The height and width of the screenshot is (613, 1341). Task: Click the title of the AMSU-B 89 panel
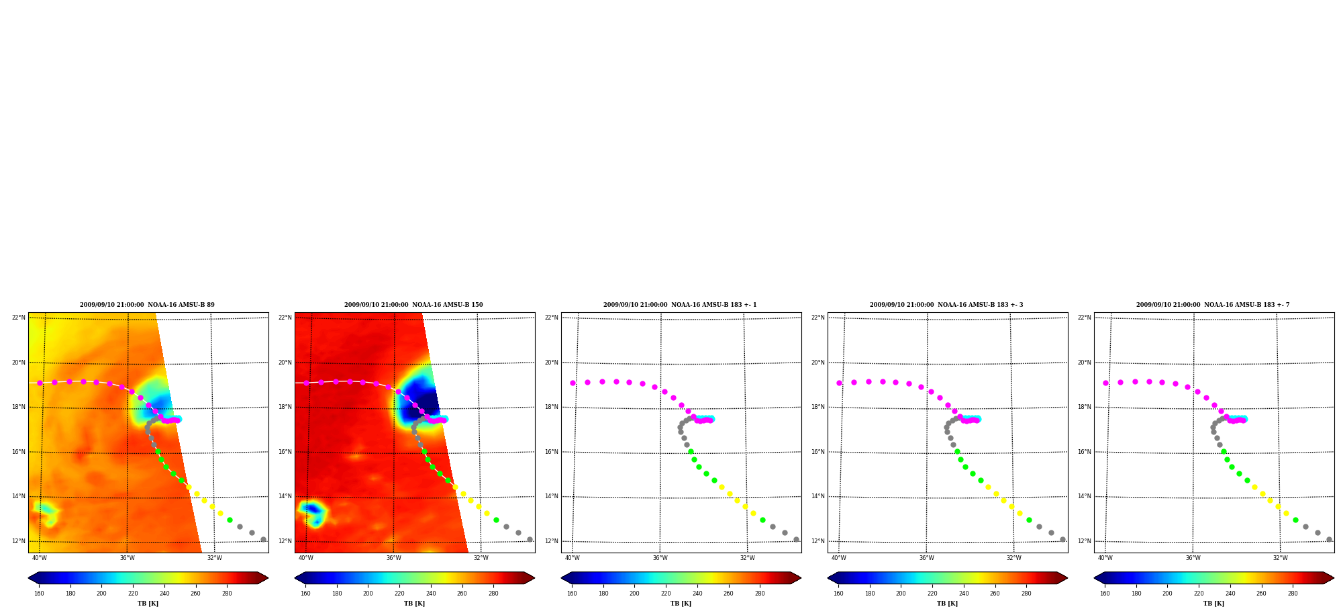point(147,305)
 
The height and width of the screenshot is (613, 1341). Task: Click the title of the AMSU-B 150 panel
point(413,305)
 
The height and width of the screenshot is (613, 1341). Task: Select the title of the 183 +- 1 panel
point(680,305)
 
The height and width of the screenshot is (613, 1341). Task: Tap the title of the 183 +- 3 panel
point(946,305)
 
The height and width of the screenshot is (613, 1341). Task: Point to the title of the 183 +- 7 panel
point(1213,305)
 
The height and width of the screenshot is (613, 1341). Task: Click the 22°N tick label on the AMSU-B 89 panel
point(18,318)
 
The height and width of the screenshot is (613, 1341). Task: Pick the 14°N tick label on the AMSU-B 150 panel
point(285,496)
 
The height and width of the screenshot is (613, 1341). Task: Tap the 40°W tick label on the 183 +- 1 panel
point(573,558)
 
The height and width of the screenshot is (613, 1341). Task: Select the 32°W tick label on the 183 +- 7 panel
point(1281,558)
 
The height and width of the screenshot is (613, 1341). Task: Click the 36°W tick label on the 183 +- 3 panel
point(927,558)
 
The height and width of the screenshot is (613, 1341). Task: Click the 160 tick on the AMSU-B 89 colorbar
point(39,594)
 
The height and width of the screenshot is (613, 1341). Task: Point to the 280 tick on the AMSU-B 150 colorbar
point(493,594)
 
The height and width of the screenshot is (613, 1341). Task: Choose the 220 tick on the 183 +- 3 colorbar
point(932,594)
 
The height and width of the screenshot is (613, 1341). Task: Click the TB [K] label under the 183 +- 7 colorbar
point(1213,604)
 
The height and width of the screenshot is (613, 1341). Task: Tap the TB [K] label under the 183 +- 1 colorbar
point(681,604)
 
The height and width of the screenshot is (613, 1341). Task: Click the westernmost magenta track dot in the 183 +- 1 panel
point(573,383)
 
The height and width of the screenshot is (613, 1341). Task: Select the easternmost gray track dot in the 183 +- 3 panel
point(1062,539)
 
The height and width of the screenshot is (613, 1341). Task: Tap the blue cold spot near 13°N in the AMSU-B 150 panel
point(312,510)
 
